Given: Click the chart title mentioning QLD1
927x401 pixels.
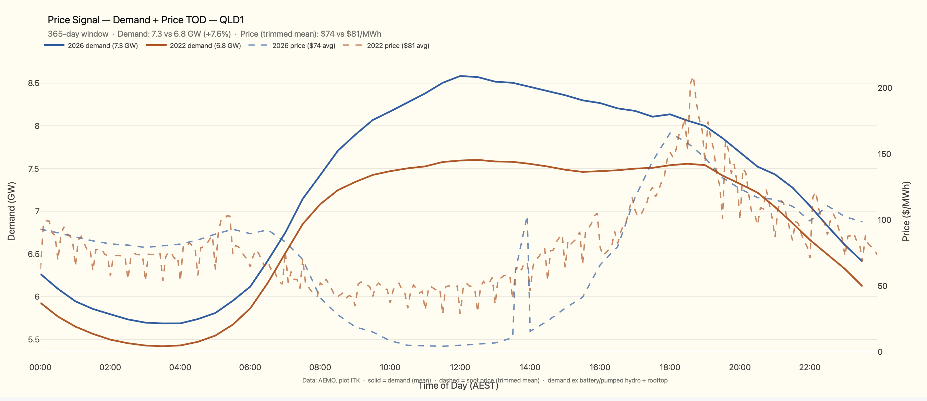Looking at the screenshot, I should point(146,20).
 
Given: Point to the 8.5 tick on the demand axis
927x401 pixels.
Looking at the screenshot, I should point(34,83).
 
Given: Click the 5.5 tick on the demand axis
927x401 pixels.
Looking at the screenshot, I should point(34,340).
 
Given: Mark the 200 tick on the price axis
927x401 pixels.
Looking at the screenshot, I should point(884,88).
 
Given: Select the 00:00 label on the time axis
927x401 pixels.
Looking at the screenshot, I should point(40,367).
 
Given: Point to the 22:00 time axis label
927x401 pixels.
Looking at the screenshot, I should point(809,367).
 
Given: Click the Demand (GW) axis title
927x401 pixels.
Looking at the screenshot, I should point(12,211).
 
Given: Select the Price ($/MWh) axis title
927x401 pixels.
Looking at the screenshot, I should point(906,211).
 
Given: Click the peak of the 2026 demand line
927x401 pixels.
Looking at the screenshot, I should point(460,76).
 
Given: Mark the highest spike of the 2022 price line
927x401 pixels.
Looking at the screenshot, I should point(692,79).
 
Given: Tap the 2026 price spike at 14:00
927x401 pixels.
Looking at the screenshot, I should point(527,218).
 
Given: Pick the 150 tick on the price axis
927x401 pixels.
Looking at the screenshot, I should point(884,154).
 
